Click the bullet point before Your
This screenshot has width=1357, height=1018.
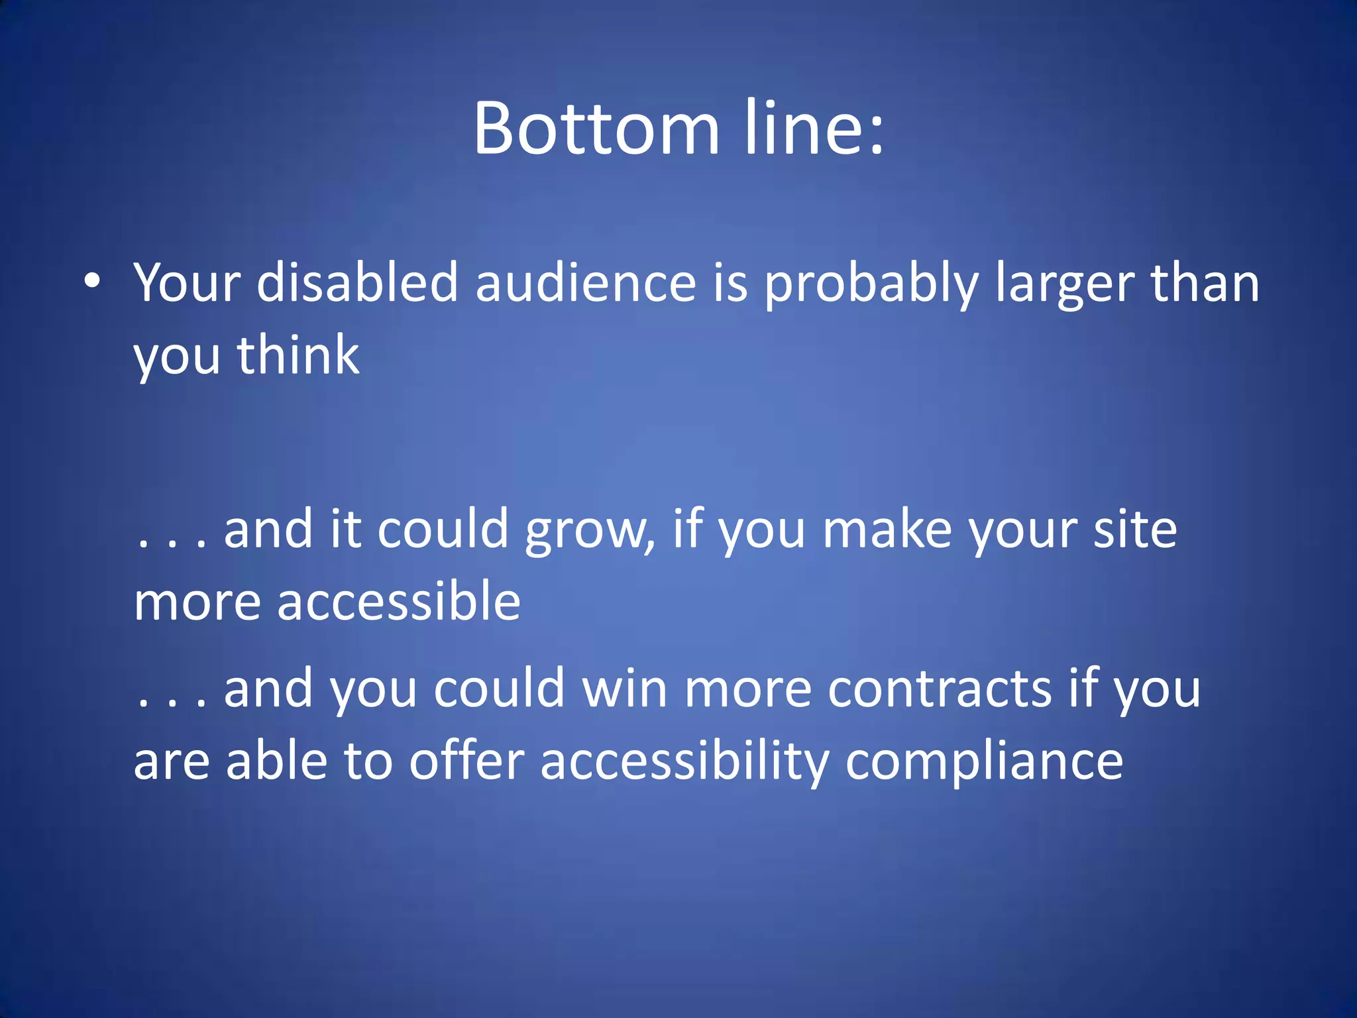92,281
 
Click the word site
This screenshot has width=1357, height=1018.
1134,530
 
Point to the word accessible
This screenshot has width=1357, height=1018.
399,601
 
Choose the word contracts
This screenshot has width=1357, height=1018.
940,689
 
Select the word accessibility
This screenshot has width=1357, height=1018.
684,762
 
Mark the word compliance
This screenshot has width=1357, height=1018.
984,762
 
